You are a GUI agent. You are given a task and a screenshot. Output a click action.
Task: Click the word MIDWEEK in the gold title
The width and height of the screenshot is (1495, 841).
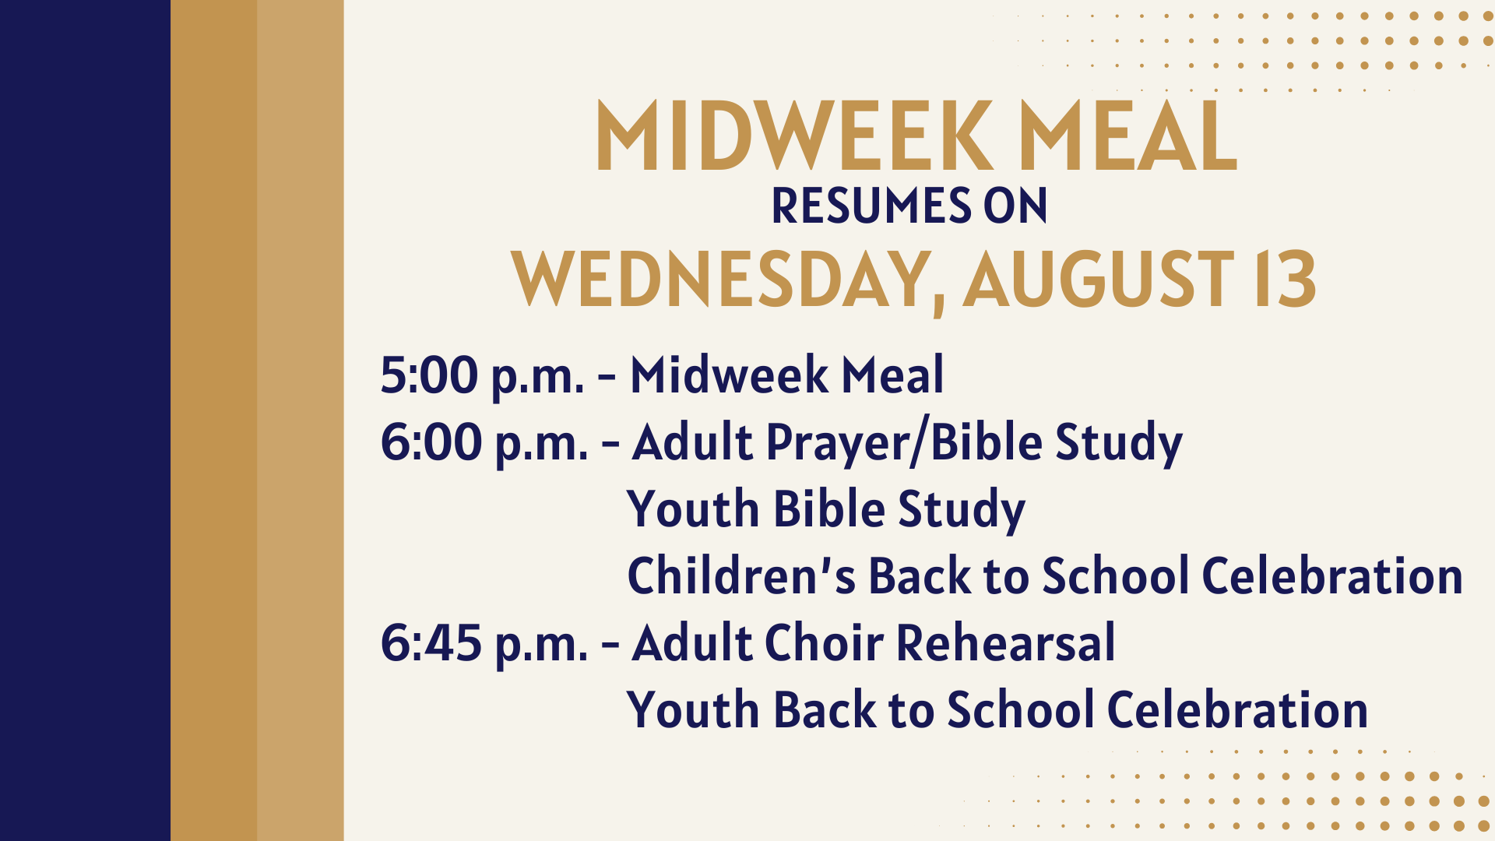795,135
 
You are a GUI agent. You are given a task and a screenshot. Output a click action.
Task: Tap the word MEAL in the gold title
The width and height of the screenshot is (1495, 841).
1128,135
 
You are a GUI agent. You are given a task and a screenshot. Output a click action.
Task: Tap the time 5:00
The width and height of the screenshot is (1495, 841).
429,375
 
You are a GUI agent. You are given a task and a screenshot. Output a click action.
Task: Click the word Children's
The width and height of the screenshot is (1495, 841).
742,575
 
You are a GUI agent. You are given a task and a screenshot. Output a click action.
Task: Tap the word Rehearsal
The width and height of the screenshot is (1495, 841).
1006,642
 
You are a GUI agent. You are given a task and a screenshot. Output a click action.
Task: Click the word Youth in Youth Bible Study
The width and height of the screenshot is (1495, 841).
693,508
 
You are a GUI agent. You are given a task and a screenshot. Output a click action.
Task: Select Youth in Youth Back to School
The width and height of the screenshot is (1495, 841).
693,709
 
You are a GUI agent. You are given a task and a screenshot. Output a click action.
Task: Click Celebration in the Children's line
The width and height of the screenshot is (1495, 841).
1332,575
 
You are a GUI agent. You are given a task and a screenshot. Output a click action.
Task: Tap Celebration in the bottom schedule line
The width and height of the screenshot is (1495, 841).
1237,709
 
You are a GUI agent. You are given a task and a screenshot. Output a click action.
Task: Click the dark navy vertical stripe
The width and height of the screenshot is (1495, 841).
85,420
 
